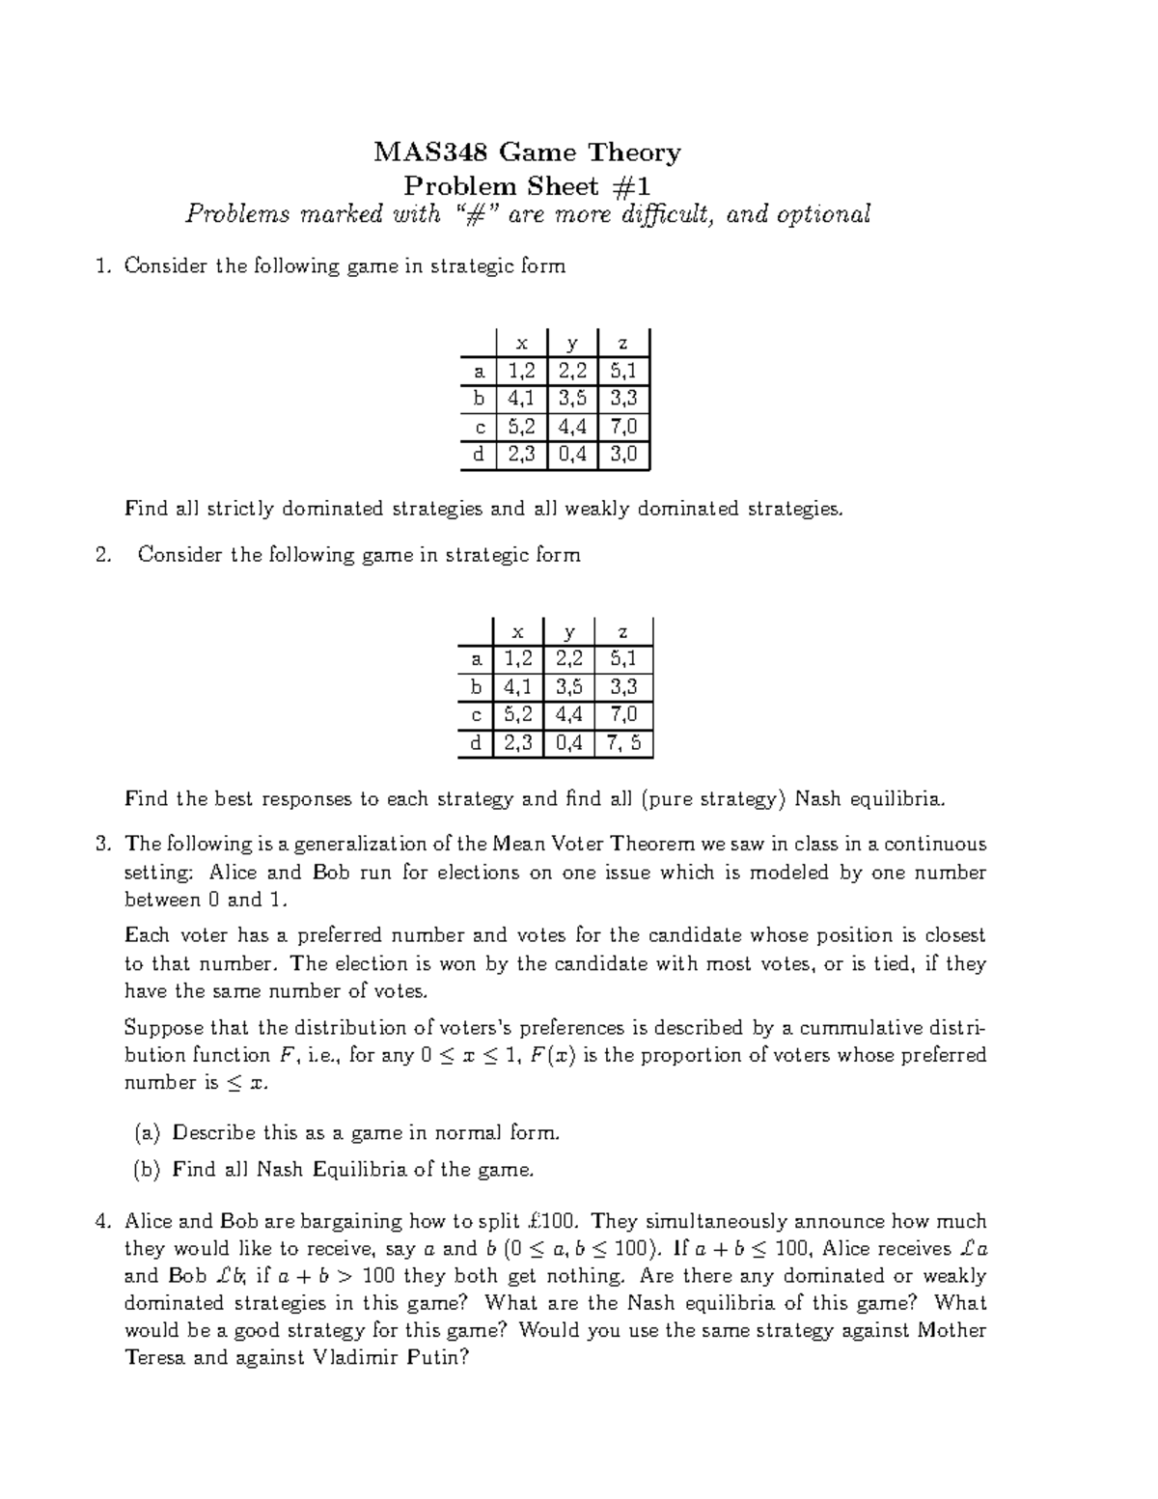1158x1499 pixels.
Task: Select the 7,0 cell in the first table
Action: pos(623,427)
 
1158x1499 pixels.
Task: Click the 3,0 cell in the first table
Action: pos(623,455)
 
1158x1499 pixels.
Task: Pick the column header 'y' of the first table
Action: pos(572,343)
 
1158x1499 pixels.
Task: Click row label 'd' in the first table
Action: pos(478,455)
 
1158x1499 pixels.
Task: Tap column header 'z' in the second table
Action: pos(623,632)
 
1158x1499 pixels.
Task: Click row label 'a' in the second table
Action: pos(475,659)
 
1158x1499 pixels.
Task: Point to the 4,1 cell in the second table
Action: pos(517,687)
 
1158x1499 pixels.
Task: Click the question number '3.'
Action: pos(104,845)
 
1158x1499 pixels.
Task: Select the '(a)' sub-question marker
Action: pos(146,1132)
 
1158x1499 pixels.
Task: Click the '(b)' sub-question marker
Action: pos(146,1170)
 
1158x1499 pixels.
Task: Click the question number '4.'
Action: pos(104,1222)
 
